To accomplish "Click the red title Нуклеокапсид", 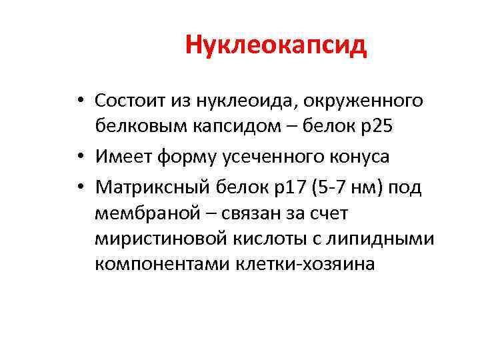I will (x=276, y=45).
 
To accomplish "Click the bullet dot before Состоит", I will (x=79, y=101).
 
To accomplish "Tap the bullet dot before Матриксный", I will (x=79, y=189).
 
